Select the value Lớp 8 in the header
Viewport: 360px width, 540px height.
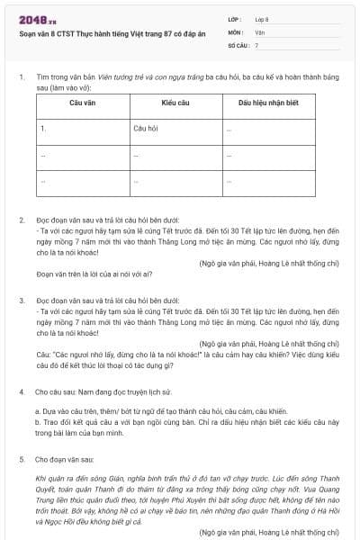tap(262, 18)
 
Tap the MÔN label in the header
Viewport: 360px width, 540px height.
tap(235, 31)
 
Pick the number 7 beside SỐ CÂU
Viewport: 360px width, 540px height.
tap(256, 45)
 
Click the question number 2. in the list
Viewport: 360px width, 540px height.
tap(22, 219)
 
